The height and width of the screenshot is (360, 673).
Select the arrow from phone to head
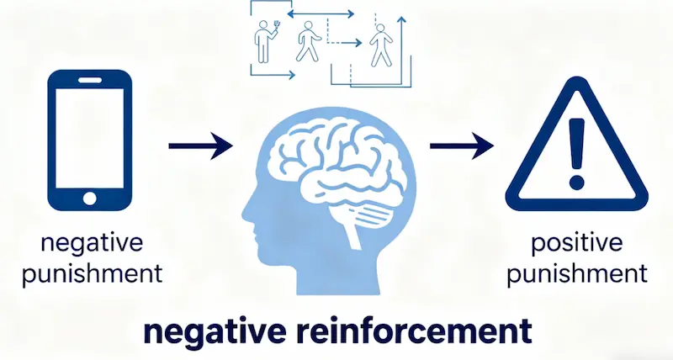(200, 147)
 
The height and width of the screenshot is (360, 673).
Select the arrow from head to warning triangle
(461, 147)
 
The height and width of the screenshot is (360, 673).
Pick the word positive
(577, 246)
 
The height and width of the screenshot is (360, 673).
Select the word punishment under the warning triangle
(577, 274)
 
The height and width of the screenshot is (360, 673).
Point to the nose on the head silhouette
(244, 205)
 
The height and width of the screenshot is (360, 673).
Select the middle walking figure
(306, 42)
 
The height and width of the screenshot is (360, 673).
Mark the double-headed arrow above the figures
(320, 13)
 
